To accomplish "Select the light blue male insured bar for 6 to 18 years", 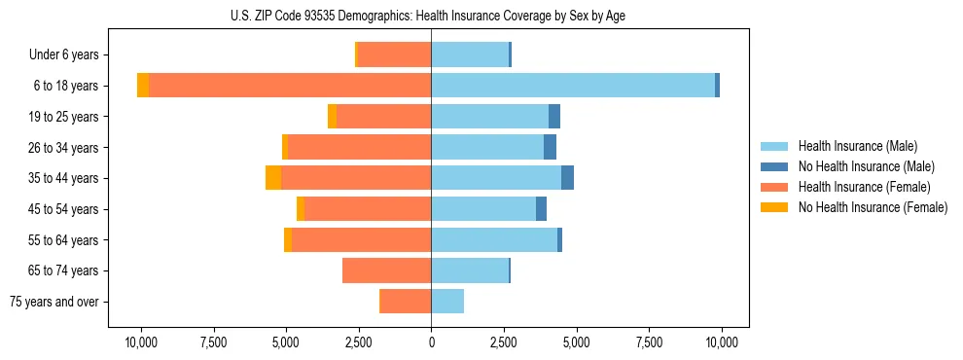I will point(573,86).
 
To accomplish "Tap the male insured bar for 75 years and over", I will point(447,302).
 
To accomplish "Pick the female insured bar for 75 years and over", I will point(406,302).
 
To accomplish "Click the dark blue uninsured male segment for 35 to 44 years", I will point(567,178).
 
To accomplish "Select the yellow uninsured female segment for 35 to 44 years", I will point(273,178).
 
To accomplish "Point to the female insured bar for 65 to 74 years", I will point(387,270).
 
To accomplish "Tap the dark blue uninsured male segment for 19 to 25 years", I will point(554,117).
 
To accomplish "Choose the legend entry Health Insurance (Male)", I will point(857,146).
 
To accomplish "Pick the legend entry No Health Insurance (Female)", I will point(873,207).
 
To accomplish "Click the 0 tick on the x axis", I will point(431,342).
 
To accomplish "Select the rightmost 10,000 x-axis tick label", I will point(721,342).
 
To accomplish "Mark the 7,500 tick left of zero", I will point(213,342).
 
